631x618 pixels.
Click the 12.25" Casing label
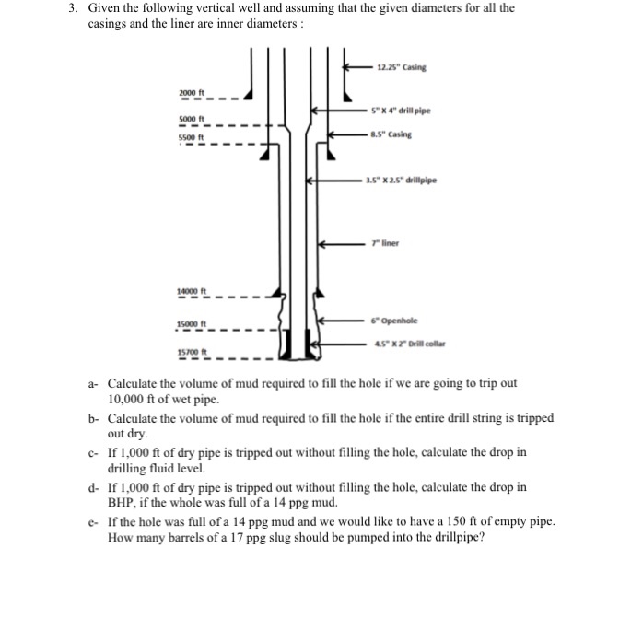402,66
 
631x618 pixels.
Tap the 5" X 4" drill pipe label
401,111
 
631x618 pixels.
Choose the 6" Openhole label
392,320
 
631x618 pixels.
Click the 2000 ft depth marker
191,93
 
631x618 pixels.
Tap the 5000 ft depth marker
191,120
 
